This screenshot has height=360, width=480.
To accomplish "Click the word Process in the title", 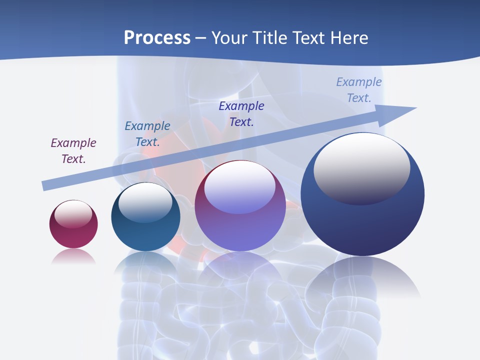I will point(157,38).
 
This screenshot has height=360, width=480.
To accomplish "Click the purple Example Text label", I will point(73,151).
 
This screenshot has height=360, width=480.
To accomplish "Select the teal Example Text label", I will point(147,134).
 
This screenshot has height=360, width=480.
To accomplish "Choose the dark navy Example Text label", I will point(241,114).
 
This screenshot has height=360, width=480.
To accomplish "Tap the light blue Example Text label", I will point(359,90).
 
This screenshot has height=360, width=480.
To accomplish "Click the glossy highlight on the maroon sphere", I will point(73,214).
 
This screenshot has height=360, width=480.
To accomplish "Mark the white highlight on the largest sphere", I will point(361,167).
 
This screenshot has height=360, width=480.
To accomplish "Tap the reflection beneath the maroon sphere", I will point(73,257).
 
